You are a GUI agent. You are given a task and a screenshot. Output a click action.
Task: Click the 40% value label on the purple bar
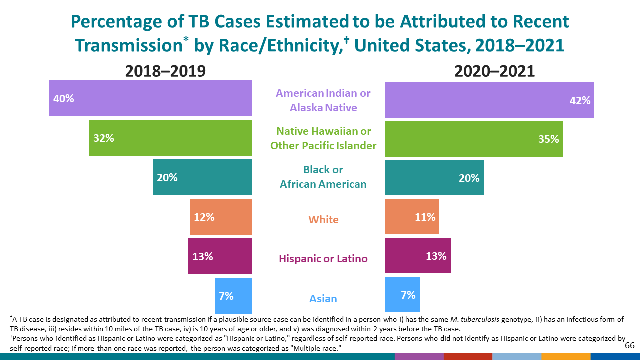(64, 99)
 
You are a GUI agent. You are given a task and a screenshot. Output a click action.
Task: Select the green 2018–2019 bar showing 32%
(170, 138)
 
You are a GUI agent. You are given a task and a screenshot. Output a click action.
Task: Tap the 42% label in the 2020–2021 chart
(580, 100)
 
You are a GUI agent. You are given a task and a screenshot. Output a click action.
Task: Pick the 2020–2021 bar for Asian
(402, 295)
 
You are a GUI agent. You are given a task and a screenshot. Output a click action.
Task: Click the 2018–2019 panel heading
(165, 71)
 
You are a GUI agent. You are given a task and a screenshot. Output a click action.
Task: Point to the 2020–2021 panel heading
(494, 71)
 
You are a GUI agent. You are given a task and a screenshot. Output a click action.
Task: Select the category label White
(323, 219)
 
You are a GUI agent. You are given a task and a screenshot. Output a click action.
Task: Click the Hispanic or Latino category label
(323, 258)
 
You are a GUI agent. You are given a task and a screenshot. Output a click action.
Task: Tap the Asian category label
(323, 298)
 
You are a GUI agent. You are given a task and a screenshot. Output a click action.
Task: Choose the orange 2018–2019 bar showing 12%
(220, 217)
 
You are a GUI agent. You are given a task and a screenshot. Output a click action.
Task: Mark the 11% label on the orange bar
(425, 217)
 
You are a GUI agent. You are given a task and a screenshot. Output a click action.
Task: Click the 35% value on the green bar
(548, 139)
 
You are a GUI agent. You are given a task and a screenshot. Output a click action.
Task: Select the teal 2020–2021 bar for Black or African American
(434, 178)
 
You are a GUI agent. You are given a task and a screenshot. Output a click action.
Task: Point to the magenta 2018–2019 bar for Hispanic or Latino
(220, 256)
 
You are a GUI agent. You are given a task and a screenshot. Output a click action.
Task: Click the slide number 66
(629, 345)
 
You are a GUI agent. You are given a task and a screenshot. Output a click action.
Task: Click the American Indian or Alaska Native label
(323, 100)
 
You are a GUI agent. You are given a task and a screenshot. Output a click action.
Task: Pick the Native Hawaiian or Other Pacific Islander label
(323, 138)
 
